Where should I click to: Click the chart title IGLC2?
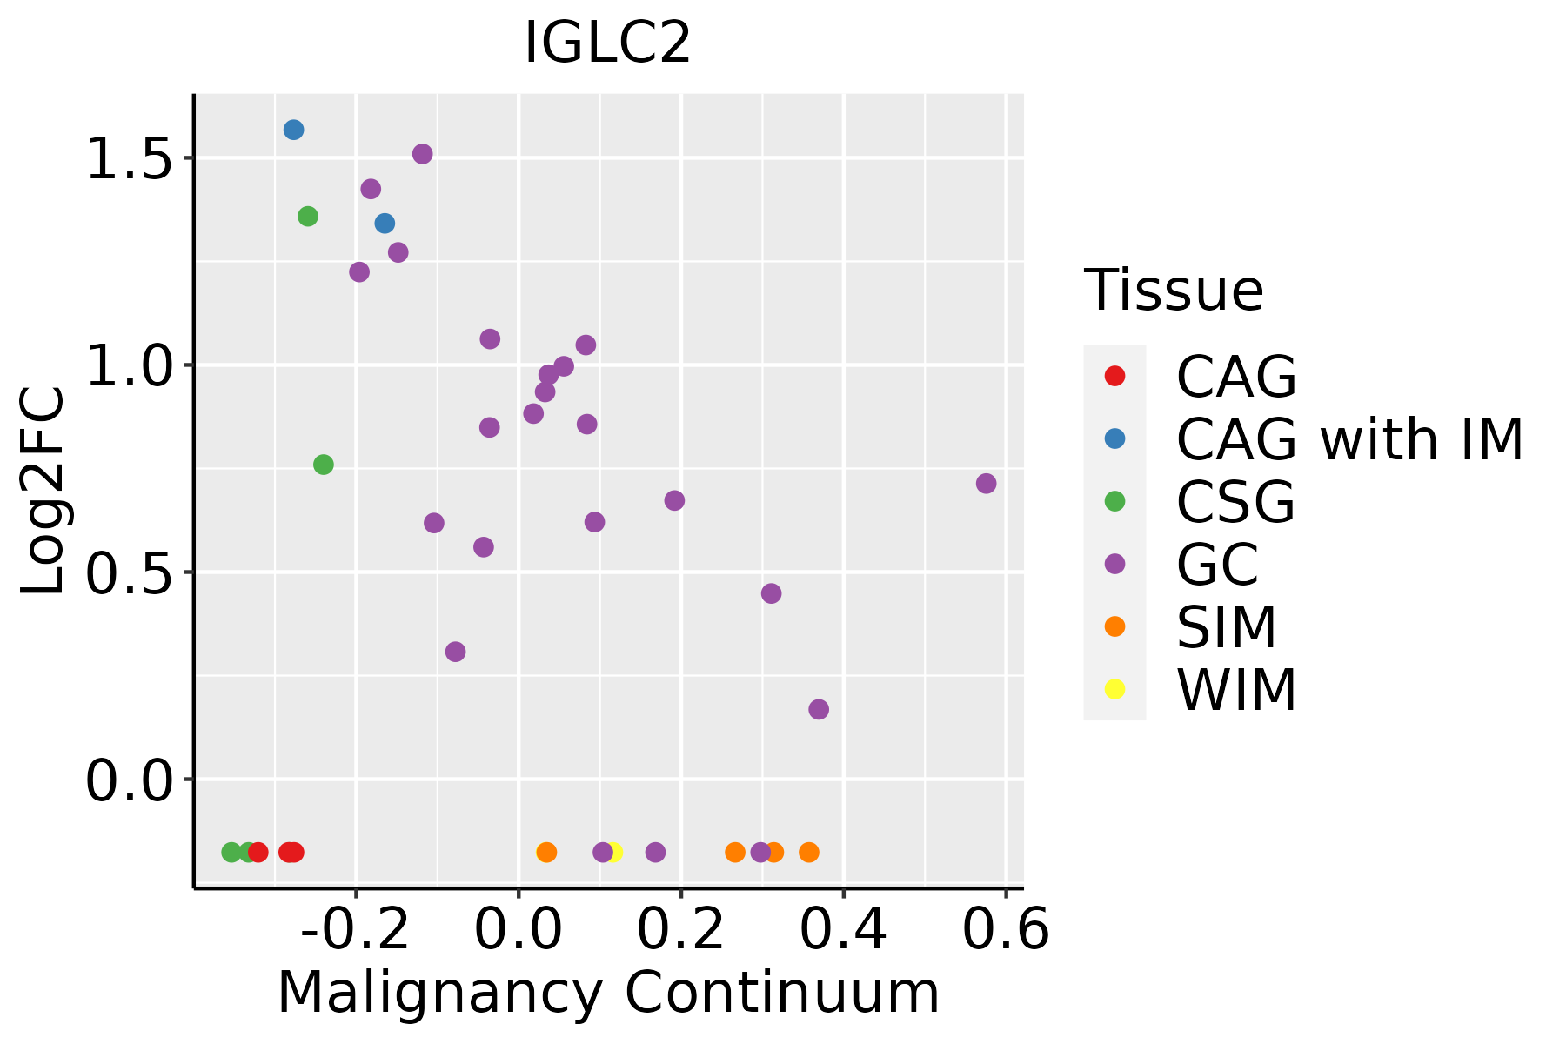tap(607, 43)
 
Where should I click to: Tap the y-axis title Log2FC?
tap(43, 492)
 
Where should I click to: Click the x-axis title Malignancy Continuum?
tap(608, 993)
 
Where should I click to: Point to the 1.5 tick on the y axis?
tap(129, 159)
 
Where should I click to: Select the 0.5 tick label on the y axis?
tap(129, 573)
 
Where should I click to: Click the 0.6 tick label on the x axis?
tap(1006, 931)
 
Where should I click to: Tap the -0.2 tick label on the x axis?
tap(355, 931)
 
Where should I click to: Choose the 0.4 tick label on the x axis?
tap(843, 931)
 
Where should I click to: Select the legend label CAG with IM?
tap(1349, 439)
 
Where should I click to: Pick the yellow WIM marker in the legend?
tap(1114, 689)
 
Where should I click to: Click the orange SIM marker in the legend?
tap(1114, 626)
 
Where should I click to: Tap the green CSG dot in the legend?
tap(1114, 501)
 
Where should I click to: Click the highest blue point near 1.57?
tap(293, 130)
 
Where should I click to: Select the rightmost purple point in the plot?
tap(986, 484)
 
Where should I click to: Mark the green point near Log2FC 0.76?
tap(323, 465)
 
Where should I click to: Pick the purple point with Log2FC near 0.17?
tap(819, 710)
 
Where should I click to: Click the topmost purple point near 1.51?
tap(423, 154)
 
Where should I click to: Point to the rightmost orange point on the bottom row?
tap(809, 852)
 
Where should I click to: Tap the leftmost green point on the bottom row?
tap(231, 852)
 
